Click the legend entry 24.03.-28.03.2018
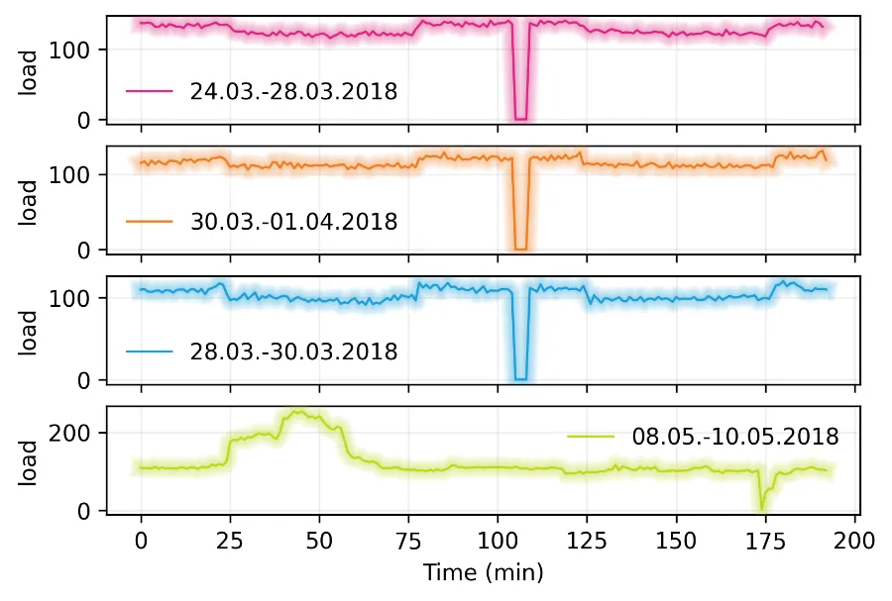tap(293, 92)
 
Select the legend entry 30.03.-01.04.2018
tap(293, 222)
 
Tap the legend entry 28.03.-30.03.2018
tap(293, 351)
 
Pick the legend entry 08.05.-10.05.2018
tap(734, 437)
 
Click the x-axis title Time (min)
tap(483, 572)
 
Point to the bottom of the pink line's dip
tap(520, 119)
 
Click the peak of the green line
tap(296, 411)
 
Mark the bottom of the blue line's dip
tap(520, 379)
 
